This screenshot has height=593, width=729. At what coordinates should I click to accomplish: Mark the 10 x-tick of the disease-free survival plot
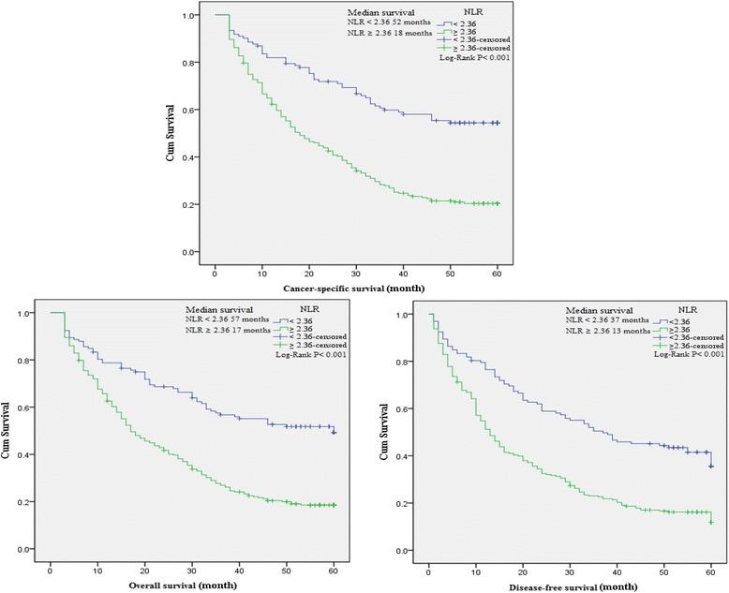476,569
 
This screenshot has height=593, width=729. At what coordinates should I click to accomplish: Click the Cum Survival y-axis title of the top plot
169,135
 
